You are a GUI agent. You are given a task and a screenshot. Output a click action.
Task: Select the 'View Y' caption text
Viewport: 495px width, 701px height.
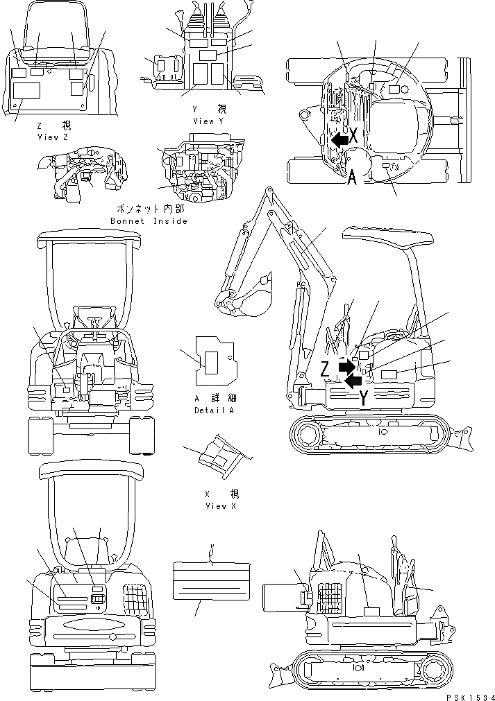208,121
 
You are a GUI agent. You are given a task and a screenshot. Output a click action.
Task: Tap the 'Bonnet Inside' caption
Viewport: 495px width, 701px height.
149,221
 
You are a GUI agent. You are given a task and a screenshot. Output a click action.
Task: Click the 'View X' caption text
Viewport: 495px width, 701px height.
221,506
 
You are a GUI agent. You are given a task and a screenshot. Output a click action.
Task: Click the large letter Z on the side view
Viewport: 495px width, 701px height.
325,370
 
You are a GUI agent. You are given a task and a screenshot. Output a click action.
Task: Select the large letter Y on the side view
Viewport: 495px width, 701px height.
364,397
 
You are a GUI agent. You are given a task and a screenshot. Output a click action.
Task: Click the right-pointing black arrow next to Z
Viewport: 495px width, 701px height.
345,365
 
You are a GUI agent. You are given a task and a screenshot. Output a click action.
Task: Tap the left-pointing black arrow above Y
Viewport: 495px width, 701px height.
353,379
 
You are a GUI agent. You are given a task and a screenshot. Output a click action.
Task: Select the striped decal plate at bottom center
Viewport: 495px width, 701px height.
210,580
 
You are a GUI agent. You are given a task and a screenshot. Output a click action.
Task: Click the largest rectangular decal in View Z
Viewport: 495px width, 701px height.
27,91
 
